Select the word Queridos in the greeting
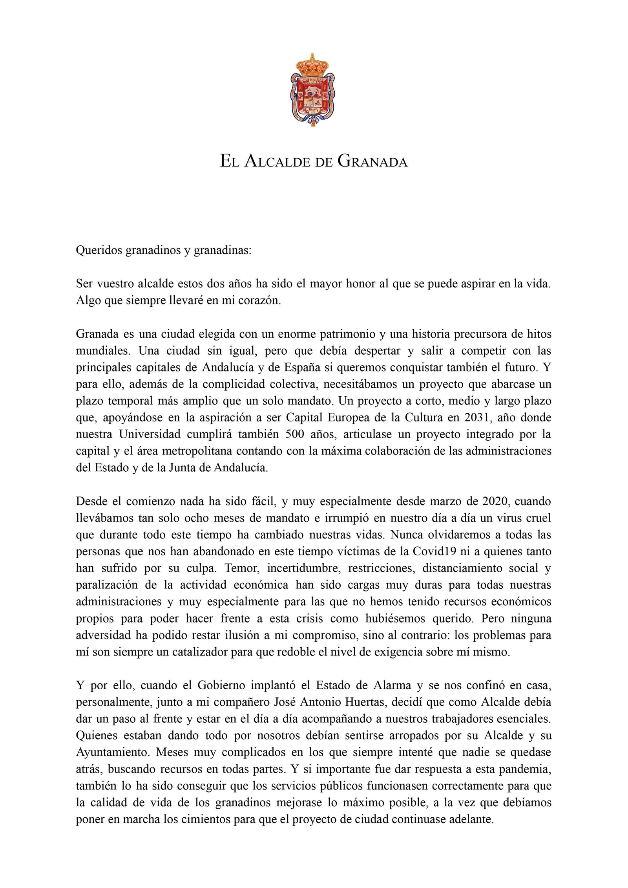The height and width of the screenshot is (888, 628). tap(99, 250)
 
